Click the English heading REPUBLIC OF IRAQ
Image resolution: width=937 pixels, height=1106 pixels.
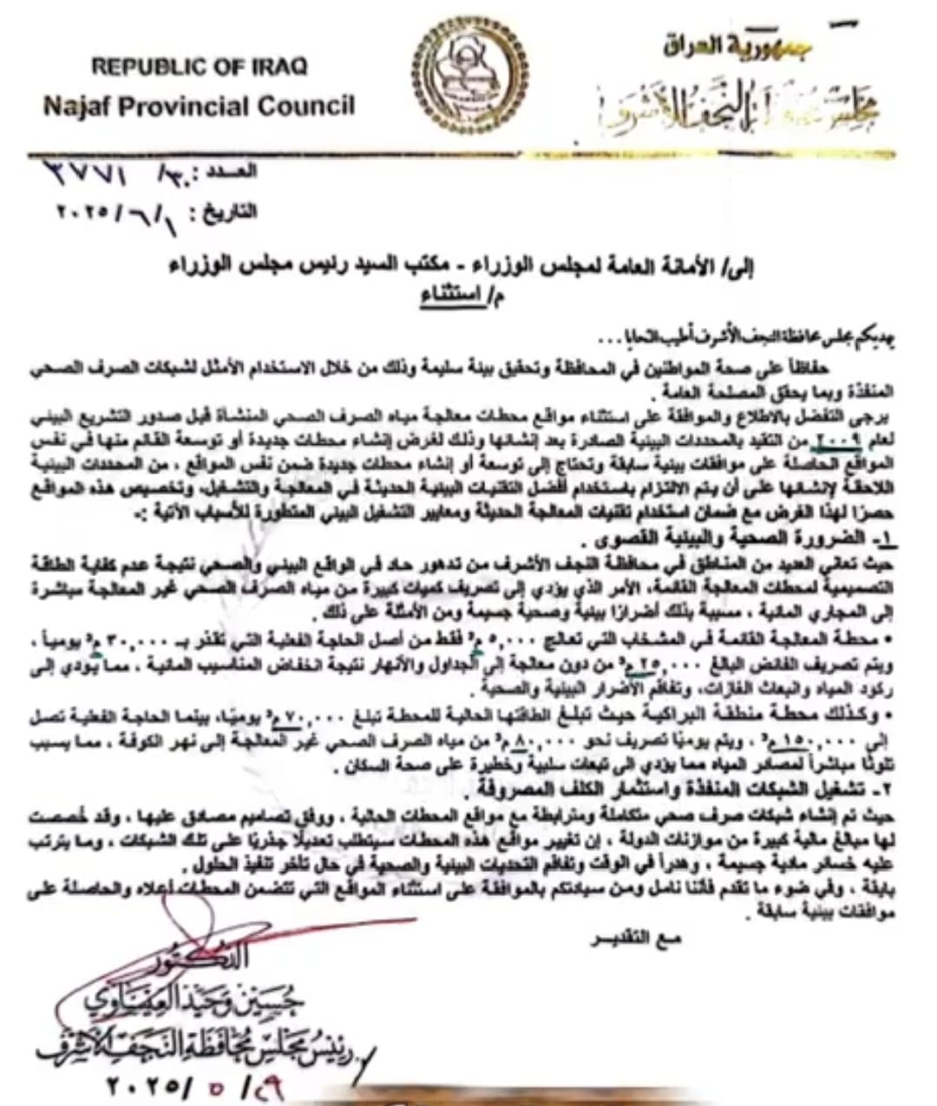(x=199, y=66)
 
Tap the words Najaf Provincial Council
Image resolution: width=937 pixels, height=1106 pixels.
(x=199, y=107)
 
